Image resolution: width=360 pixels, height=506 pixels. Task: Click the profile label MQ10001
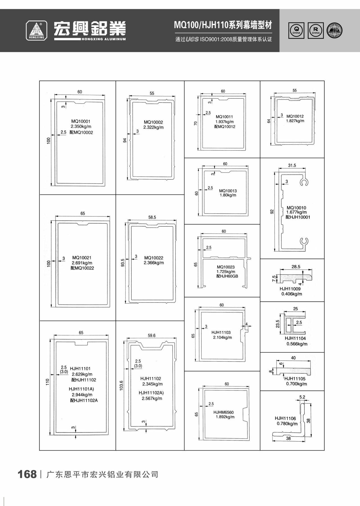pyautogui.click(x=81, y=121)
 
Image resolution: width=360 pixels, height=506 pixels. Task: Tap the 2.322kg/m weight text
pyautogui.click(x=153, y=127)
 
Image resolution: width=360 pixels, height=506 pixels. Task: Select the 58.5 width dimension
pyautogui.click(x=152, y=217)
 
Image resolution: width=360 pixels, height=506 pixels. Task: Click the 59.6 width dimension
pyautogui.click(x=151, y=336)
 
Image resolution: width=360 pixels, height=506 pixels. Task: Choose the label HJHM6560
pyautogui.click(x=223, y=412)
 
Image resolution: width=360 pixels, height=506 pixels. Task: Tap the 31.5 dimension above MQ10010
pyautogui.click(x=292, y=165)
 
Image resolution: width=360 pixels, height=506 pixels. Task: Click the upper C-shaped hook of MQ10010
pyautogui.click(x=304, y=182)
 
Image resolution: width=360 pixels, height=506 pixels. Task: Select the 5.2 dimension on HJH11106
pyautogui.click(x=302, y=397)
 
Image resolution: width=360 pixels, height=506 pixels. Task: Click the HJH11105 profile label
pyautogui.click(x=295, y=379)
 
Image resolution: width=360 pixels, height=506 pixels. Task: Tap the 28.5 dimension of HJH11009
pyautogui.click(x=296, y=266)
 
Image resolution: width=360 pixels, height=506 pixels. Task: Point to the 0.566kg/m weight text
pyautogui.click(x=297, y=344)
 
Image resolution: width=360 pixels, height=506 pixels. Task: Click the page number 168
pyautogui.click(x=27, y=474)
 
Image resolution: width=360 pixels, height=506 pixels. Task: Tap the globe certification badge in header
pyautogui.click(x=334, y=30)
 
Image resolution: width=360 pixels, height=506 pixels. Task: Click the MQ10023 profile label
pyautogui.click(x=226, y=267)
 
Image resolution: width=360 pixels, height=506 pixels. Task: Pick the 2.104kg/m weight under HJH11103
pyautogui.click(x=222, y=337)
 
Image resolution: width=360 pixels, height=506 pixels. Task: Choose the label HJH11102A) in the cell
pyautogui.click(x=151, y=393)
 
